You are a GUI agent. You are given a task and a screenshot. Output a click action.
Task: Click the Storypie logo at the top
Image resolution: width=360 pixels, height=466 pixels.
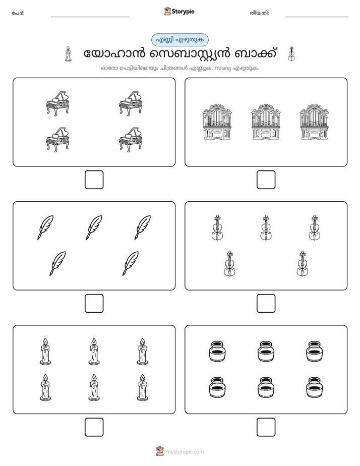point(179,11)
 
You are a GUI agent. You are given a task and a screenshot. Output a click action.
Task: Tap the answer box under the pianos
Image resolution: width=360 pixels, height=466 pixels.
point(94,180)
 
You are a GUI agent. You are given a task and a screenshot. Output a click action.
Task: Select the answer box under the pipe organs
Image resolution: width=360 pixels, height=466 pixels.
point(266,180)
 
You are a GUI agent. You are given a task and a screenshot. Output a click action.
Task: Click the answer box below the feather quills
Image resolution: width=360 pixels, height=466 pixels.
point(94,303)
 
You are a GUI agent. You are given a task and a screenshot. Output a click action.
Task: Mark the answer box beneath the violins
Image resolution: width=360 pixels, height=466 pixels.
point(266,303)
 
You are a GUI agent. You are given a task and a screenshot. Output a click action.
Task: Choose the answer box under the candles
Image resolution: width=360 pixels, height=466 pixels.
point(94,427)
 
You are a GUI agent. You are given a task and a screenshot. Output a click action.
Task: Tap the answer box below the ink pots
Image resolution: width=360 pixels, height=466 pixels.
point(266,427)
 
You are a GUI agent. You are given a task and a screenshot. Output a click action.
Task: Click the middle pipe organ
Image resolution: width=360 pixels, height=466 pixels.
point(266,122)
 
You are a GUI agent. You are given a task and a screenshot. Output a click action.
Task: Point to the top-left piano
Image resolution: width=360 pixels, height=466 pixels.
point(57,103)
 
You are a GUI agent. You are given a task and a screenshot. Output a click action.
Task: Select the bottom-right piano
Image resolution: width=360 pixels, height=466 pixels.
point(131,140)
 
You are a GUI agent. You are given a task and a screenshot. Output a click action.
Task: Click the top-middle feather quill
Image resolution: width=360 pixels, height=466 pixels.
point(94,227)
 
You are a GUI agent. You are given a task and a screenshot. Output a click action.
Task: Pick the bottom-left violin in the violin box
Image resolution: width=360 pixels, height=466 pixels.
point(229,263)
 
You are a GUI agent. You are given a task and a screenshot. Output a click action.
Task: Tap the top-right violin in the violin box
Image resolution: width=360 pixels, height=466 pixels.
point(314,227)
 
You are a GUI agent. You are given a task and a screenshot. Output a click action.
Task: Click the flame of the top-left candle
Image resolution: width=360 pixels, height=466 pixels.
point(45,342)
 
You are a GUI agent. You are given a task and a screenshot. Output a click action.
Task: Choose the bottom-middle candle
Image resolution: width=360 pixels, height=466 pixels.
point(94,387)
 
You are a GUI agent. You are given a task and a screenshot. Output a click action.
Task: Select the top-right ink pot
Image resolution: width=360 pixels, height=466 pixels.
point(314,352)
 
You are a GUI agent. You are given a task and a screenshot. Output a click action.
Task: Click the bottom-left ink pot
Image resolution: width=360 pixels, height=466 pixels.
point(217,387)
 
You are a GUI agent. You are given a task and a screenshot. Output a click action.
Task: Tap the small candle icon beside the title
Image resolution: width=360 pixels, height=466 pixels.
point(68,54)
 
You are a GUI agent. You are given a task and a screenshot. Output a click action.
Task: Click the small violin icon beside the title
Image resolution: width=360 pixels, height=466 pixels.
point(291,54)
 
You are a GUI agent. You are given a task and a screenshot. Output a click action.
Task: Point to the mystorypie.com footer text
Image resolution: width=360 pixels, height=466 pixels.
point(185,452)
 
